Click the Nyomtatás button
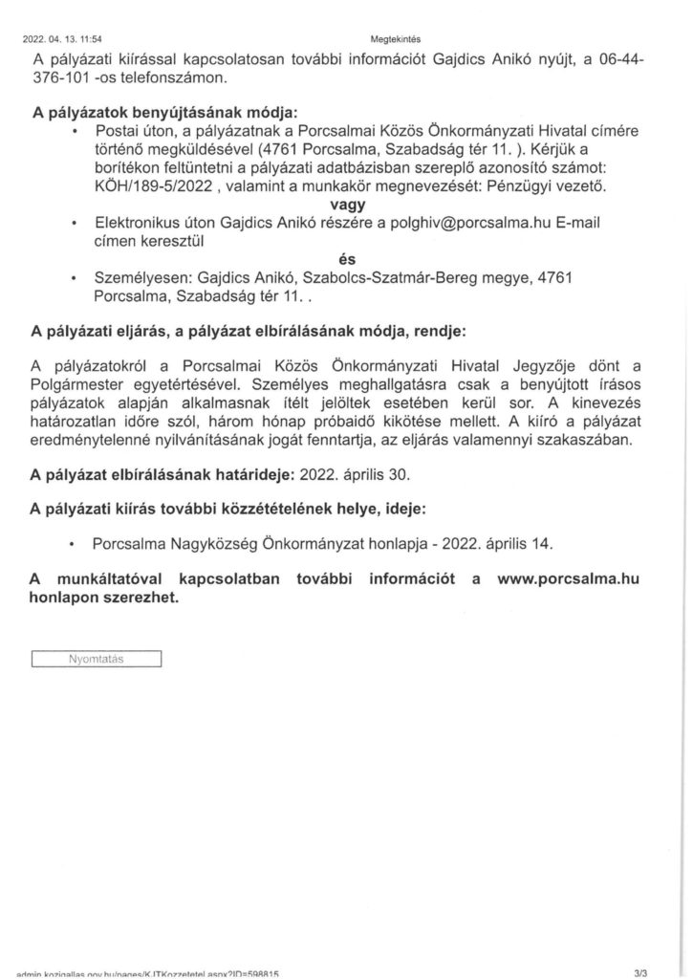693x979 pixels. (97, 659)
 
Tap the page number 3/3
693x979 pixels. (652, 972)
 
